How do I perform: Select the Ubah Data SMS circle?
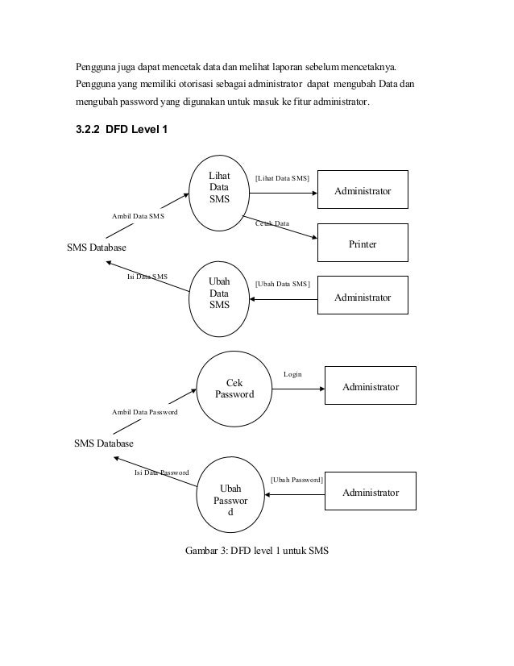(219, 294)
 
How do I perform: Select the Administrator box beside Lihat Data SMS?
(363, 191)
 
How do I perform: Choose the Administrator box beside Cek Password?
(371, 387)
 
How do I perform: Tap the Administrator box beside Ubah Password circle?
(371, 492)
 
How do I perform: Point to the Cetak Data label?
(272, 223)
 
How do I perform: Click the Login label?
(293, 374)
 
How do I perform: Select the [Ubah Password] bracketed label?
(296, 480)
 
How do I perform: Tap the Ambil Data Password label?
(144, 412)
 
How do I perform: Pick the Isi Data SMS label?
(147, 277)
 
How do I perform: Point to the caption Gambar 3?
(257, 552)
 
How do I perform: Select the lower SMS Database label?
(103, 443)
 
